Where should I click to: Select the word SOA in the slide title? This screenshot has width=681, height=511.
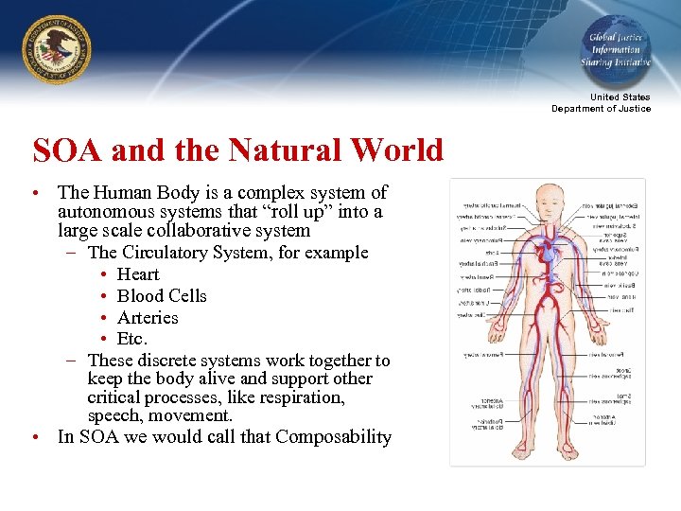coord(65,150)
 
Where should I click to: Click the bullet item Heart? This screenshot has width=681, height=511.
coord(138,274)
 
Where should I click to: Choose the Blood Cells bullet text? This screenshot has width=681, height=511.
coord(162,296)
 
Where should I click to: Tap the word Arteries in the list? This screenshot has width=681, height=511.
coord(148,318)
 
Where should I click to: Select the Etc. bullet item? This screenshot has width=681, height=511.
coord(132,339)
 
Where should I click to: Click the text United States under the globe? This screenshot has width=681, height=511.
coord(620,97)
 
